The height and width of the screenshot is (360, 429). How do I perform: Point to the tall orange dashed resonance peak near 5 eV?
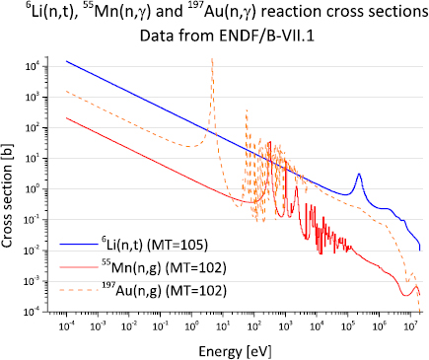(x=212, y=60)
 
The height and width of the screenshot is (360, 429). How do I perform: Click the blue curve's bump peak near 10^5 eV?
(x=358, y=175)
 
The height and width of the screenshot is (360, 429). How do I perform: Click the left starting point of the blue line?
(x=67, y=61)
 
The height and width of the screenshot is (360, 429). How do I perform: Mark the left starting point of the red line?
(x=67, y=118)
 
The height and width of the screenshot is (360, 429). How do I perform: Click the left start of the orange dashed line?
(x=67, y=92)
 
